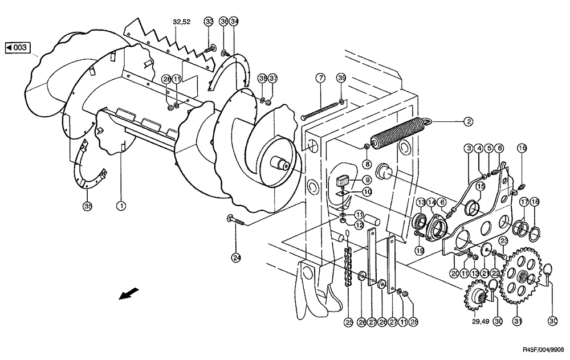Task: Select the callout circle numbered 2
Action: point(467,121)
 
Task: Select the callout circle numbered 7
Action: point(321,78)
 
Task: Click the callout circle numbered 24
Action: point(236,257)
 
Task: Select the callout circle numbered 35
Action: point(87,206)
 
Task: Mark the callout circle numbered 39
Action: point(341,78)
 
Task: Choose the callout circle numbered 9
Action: point(368,181)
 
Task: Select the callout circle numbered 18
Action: point(535,202)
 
